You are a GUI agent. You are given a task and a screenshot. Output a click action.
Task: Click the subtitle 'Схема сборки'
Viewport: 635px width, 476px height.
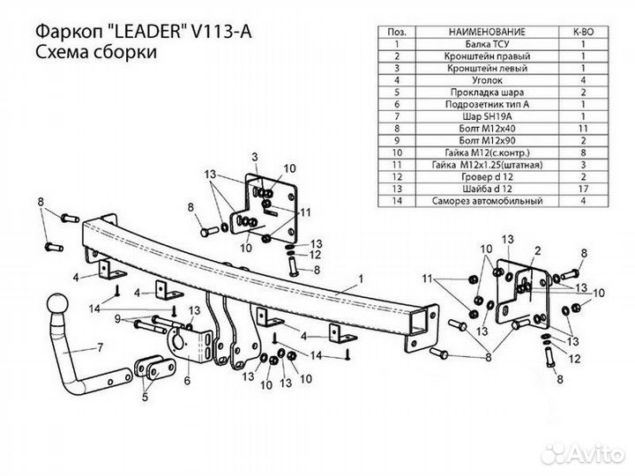96,53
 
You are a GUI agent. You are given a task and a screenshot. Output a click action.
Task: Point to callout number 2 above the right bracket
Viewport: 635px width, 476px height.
534,250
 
